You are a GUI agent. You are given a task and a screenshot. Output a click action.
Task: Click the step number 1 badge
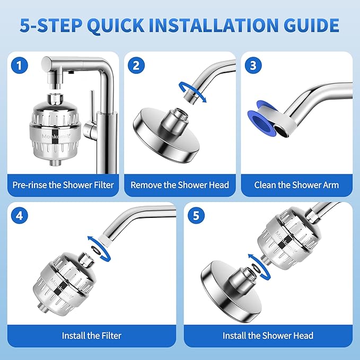[x=20, y=66]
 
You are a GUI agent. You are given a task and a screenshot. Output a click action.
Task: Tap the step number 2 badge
[x=137, y=66]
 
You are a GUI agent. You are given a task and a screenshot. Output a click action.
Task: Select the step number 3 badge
[x=253, y=66]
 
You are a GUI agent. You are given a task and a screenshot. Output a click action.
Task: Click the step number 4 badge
[x=20, y=217]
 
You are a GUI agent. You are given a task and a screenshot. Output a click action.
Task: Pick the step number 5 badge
[x=197, y=217]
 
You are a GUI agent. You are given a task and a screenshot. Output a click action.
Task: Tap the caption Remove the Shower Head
[x=180, y=185]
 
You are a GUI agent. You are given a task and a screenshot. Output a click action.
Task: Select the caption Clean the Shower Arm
[x=296, y=185]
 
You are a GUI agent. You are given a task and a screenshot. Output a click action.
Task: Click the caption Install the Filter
[x=92, y=335]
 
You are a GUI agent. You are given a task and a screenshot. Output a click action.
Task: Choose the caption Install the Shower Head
[x=268, y=335]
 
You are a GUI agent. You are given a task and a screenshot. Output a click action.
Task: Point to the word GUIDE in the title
[x=310, y=25]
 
